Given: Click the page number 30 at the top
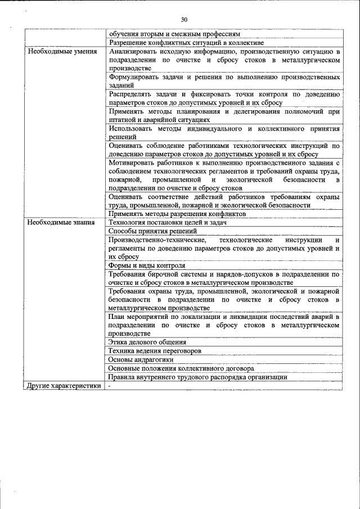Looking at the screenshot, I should click(x=184, y=20).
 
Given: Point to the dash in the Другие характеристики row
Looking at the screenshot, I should click(x=110, y=386).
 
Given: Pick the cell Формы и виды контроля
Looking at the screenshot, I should click(x=147, y=265).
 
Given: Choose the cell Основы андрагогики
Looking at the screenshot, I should click(x=141, y=359).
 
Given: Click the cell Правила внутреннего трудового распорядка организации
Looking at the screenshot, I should click(x=198, y=377).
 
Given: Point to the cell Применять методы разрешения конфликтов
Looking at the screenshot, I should click(x=178, y=214).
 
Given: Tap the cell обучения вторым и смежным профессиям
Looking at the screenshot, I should click(x=174, y=34).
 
